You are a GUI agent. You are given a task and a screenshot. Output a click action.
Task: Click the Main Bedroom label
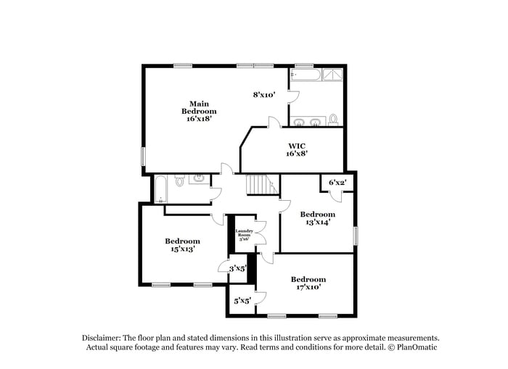(199, 111)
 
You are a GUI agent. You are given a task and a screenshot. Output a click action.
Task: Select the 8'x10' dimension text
(264, 94)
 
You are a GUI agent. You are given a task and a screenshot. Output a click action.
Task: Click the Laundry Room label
(243, 235)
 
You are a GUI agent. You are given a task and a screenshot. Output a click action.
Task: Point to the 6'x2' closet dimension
(337, 183)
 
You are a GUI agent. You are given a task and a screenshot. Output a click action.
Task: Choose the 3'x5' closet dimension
(238, 269)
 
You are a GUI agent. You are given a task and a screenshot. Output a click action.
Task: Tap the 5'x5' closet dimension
(242, 300)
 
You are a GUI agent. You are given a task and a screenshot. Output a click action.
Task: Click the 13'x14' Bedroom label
(318, 218)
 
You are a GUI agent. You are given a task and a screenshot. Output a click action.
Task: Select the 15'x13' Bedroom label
(181, 245)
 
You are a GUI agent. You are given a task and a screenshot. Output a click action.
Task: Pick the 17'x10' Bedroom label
(308, 283)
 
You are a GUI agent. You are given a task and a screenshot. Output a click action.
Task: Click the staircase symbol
(259, 186)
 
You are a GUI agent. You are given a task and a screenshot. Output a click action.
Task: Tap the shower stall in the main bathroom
(335, 74)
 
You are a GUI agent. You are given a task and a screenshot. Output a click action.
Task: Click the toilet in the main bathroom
(333, 119)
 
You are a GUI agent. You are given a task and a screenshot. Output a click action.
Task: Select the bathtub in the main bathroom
(304, 74)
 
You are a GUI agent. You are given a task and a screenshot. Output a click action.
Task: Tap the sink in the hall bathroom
(198, 178)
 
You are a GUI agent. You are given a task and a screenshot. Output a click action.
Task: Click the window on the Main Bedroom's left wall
(143, 157)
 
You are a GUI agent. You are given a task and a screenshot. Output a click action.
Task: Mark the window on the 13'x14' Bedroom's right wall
(356, 236)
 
